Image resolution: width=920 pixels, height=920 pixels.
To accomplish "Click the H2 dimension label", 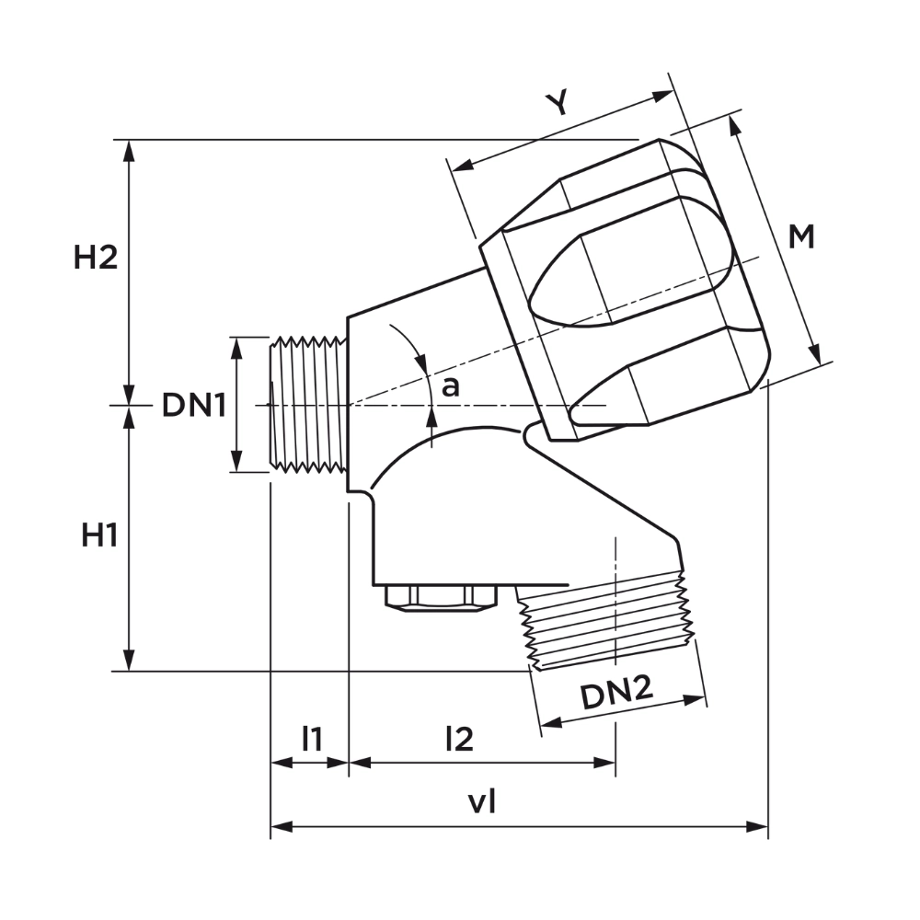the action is tap(96, 258).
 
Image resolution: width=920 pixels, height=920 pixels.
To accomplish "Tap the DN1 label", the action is tap(193, 405).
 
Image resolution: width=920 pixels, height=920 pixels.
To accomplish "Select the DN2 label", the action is tap(616, 693).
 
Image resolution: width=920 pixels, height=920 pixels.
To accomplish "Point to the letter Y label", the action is tap(558, 104).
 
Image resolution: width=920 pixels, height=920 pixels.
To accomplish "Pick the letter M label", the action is tap(801, 237).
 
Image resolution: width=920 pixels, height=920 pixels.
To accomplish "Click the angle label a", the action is tap(450, 387).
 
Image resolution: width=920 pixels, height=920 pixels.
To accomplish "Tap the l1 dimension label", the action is tap(312, 739).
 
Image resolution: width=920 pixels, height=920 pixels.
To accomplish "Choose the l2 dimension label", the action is tap(459, 739).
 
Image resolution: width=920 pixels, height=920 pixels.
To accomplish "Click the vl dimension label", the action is tap(482, 801).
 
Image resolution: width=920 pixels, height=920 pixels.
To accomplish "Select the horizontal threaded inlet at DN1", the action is tap(308, 405).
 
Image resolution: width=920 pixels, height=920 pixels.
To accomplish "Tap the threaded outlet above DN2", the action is tap(607, 622).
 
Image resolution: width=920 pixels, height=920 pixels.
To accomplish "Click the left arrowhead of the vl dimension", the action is tap(281, 827).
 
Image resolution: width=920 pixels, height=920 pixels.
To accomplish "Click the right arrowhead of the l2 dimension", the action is tap(605, 763).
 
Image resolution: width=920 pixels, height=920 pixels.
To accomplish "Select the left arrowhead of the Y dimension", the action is tap(464, 165).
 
